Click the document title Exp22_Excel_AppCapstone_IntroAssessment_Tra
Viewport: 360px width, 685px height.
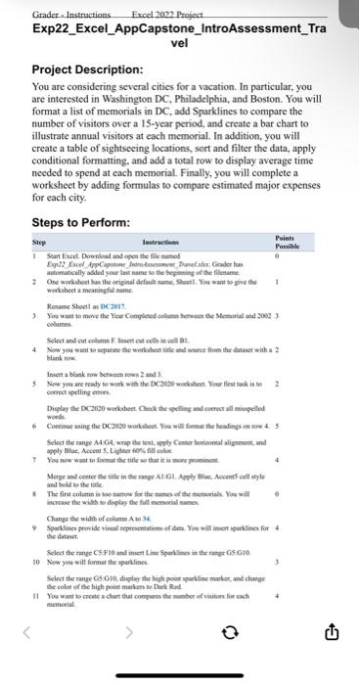tap(178, 29)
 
